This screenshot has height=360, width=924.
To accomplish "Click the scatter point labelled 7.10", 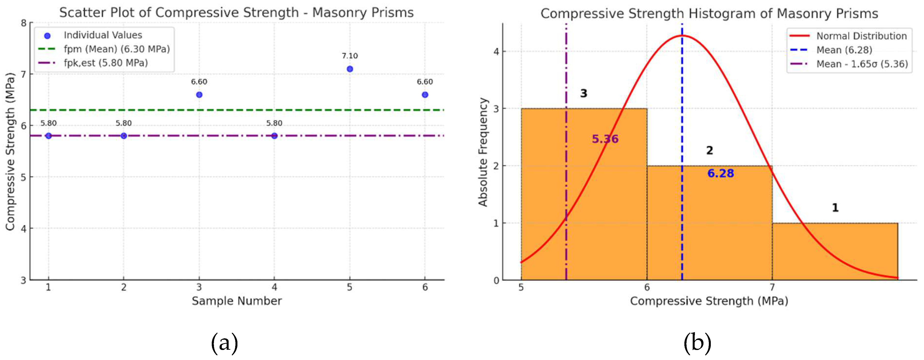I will pyautogui.click(x=350, y=69).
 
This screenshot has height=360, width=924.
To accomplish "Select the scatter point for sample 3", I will pyautogui.click(x=199, y=95).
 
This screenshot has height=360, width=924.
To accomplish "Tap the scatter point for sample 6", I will pyautogui.click(x=425, y=95).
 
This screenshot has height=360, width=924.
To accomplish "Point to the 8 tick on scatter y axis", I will pyautogui.click(x=24, y=23).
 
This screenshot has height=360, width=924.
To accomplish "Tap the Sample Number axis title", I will pyautogui.click(x=237, y=301).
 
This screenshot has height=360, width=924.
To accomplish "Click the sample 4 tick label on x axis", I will pyautogui.click(x=274, y=287).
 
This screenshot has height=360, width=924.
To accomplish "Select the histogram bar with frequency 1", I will pyautogui.click(x=835, y=251).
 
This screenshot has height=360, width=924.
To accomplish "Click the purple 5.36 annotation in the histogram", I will pyautogui.click(x=605, y=139).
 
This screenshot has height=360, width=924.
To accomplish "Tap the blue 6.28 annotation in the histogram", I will pyautogui.click(x=721, y=174).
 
